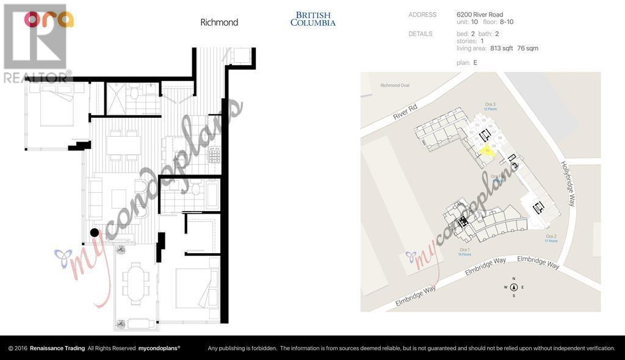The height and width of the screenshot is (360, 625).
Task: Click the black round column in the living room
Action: (94, 232)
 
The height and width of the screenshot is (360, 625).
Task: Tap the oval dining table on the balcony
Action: (135, 282)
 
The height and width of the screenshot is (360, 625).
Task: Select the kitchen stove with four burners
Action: (214, 155)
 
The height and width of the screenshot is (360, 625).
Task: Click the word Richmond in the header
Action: (219, 23)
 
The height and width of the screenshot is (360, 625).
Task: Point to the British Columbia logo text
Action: (312, 19)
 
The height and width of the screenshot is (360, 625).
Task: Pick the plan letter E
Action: (475, 62)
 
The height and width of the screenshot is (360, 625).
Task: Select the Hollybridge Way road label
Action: (567, 184)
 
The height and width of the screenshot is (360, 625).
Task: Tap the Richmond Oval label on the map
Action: (394, 85)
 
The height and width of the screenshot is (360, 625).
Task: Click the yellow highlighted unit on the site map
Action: (486, 150)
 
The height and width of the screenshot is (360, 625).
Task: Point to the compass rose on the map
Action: (514, 287)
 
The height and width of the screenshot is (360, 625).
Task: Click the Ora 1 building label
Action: (464, 250)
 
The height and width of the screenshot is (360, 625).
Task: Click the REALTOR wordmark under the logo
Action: (37, 77)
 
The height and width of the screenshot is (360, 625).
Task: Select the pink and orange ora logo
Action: (49, 20)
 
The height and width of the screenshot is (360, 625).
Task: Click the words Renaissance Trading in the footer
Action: (57, 348)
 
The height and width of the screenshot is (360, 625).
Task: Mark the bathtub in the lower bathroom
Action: (212, 195)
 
